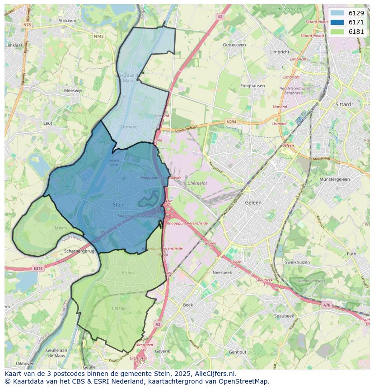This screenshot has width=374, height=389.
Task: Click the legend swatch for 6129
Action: tap(337, 14)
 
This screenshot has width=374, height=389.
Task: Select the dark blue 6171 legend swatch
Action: tap(337, 23)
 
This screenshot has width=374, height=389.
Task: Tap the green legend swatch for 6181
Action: tap(337, 32)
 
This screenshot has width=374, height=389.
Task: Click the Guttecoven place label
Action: tap(234, 45)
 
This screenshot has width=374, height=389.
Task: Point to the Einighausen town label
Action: tap(252, 86)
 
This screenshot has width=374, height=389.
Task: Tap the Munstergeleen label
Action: tap(335, 179)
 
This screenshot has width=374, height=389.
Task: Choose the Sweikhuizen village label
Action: tap(298, 262)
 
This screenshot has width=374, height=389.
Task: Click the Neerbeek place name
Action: tap(222, 273)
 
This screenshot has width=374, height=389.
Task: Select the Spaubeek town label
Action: tap(284, 316)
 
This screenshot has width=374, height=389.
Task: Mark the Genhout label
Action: tap(238, 352)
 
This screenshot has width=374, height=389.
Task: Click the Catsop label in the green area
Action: tap(118, 308)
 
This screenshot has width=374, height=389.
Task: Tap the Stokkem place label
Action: tap(67, 21)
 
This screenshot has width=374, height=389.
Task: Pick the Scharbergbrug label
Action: tap(79, 251)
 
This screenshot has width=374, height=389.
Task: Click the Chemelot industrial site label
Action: tap(197, 183)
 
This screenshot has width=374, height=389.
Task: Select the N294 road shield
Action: tap(231, 122)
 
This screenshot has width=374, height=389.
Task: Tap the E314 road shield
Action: tap(37, 268)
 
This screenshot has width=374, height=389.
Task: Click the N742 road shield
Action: tap(99, 36)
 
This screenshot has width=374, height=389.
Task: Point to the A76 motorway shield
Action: tap(327, 305)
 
